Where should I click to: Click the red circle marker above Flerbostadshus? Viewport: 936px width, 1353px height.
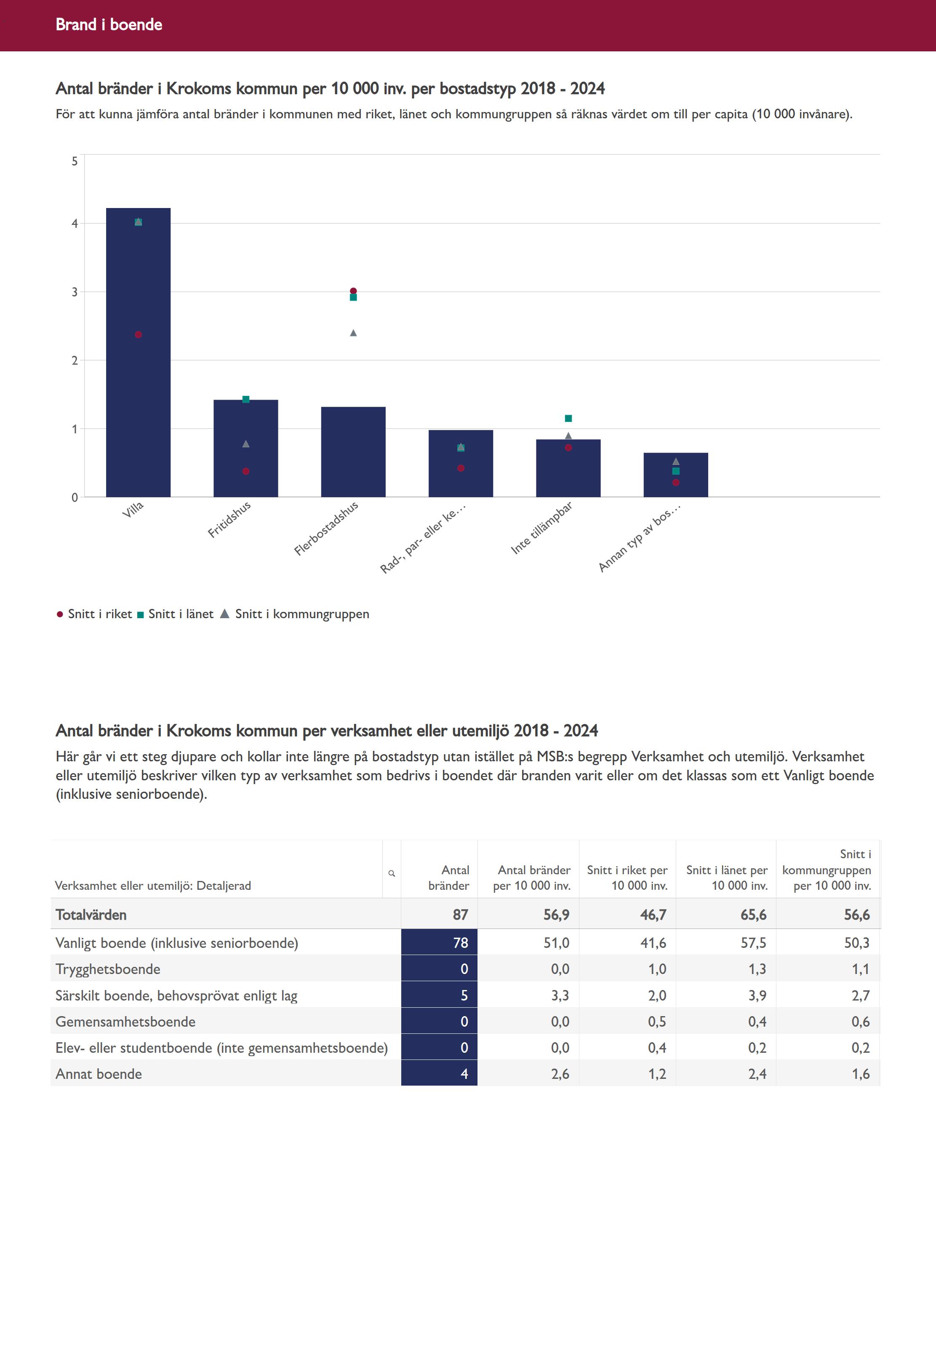(353, 291)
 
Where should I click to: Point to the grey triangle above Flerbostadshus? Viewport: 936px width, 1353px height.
(353, 333)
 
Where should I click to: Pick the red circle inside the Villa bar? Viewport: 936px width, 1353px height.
(139, 335)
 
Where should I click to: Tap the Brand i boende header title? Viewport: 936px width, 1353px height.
(109, 24)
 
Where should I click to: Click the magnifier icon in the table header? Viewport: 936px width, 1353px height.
(391, 873)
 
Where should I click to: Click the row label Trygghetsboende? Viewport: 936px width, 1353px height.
(108, 969)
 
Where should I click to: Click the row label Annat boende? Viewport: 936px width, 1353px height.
(99, 1074)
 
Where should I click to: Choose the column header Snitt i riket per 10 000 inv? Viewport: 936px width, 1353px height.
(627, 878)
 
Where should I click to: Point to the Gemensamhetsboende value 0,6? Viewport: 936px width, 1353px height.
(860, 1022)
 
